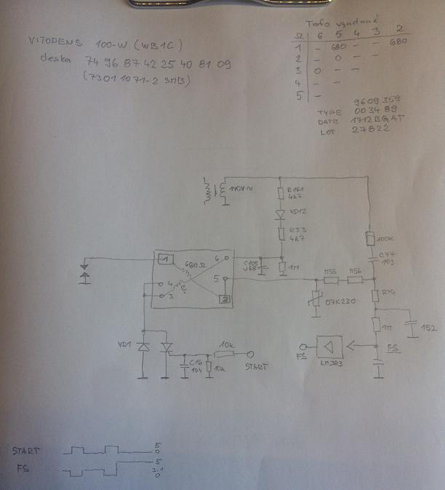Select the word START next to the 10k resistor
click(x=257, y=368)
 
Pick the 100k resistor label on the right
click(x=387, y=238)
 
